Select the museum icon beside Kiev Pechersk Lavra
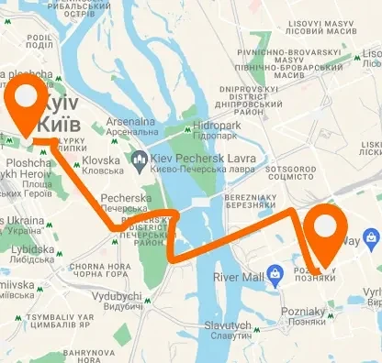point(140,162)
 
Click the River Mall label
point(239,276)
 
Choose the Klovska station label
point(101,164)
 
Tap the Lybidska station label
point(33,254)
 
